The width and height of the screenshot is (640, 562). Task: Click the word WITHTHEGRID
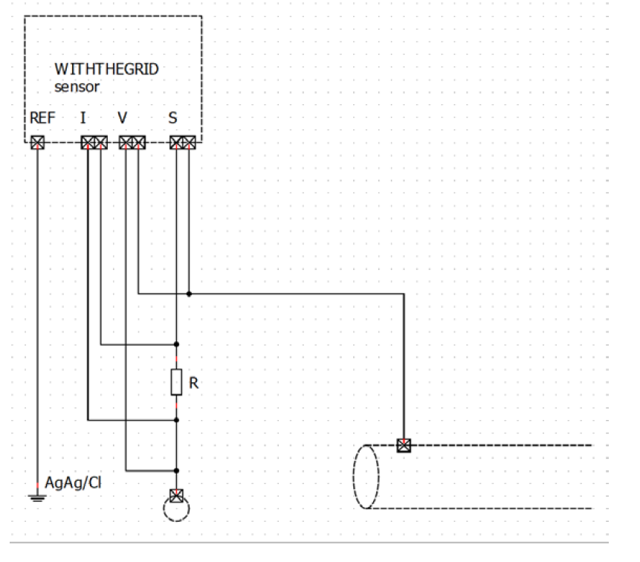pos(106,69)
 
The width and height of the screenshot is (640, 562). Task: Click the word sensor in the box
pos(77,86)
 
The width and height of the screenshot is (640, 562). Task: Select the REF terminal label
pos(42,117)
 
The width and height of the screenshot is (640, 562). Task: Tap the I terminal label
pos(83,117)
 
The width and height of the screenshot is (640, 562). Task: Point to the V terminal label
pos(123,117)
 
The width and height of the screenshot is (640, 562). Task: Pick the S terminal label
pos(172,117)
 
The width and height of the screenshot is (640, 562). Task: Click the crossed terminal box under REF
pos(36,141)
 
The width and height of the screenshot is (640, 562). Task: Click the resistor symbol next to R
pos(176,382)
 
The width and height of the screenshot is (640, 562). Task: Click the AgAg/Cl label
pos(74,482)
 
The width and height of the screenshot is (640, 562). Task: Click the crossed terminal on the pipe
pos(404,445)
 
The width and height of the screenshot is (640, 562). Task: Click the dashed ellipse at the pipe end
pos(366,477)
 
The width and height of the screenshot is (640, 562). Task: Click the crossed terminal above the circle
pos(176,495)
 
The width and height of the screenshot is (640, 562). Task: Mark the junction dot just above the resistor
pos(176,344)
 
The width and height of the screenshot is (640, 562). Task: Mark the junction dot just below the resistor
pos(176,420)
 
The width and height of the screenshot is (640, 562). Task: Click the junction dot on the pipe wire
pos(190,294)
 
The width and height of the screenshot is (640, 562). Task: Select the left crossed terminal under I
pos(88,141)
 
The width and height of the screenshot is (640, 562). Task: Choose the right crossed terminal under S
pos(190,141)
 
